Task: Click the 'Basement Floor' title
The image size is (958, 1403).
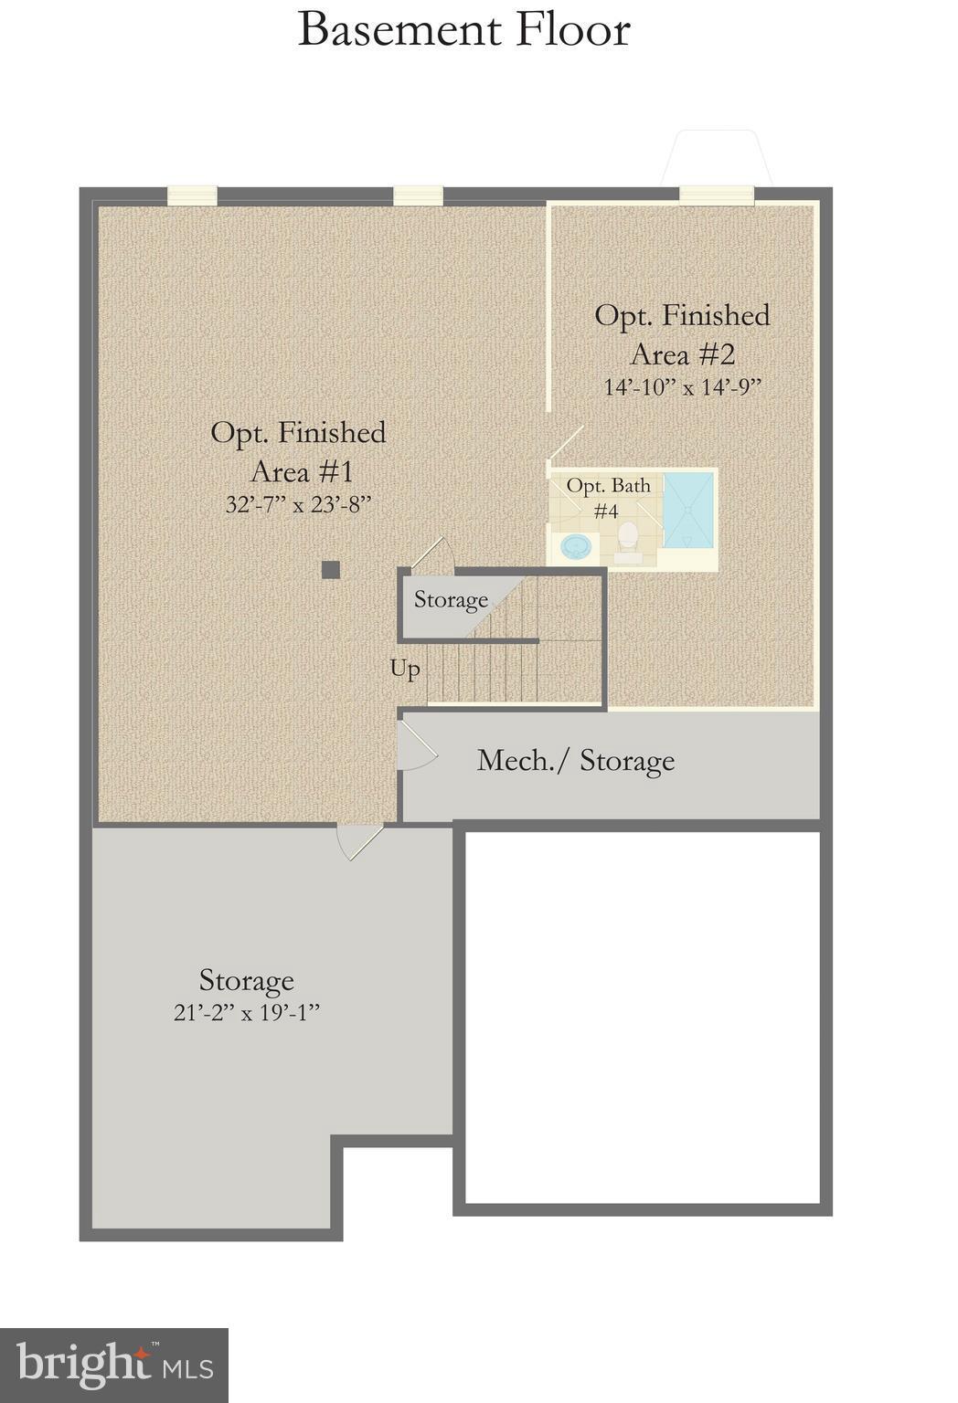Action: [x=463, y=29]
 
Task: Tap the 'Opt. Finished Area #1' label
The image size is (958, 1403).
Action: [x=299, y=451]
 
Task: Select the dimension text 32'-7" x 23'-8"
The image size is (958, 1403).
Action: [x=298, y=504]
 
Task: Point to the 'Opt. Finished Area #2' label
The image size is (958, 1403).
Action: [x=682, y=333]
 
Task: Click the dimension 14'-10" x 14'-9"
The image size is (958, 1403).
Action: [x=682, y=386]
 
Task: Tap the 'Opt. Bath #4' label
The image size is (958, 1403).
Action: [x=608, y=497]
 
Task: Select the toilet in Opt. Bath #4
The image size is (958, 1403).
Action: [x=628, y=539]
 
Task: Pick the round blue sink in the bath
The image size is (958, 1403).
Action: [x=576, y=546]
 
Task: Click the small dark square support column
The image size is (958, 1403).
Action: [x=331, y=570]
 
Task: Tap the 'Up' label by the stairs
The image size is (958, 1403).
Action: [x=405, y=669]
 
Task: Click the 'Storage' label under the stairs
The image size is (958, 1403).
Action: [x=451, y=600]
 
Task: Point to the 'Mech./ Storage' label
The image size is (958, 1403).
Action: [x=576, y=760]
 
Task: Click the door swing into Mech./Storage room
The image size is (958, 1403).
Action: [x=416, y=748]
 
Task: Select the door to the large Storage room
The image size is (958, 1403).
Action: [x=358, y=840]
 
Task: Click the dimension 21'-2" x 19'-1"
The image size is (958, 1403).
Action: [x=247, y=1013]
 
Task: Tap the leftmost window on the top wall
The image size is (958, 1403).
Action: [x=192, y=195]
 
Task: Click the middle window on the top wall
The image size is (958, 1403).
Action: [x=418, y=195]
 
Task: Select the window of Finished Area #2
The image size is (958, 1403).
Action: [x=716, y=195]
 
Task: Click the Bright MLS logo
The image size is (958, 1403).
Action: [x=113, y=1365]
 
